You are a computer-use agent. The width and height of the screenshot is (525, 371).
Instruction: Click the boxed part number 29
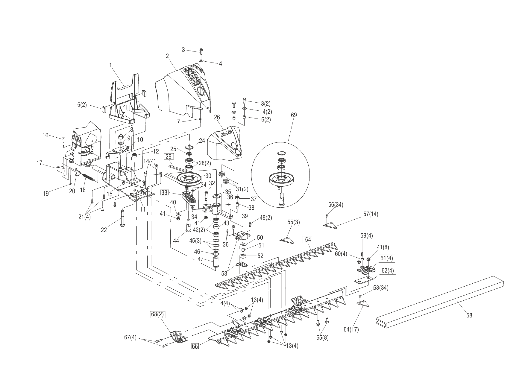coord(169,156)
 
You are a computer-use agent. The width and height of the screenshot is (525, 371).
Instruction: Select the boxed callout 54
coord(308,239)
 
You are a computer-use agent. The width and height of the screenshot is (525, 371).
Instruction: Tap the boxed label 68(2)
coord(158,314)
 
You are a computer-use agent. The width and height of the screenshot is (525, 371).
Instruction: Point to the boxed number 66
coord(195,346)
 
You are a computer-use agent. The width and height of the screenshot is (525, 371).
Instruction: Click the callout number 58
coord(469,315)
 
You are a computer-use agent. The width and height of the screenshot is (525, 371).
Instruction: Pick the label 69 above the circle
coord(294,115)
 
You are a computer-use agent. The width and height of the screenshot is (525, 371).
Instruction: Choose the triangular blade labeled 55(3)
coord(286,240)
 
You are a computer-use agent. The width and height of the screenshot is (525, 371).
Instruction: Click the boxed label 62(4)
coord(388,271)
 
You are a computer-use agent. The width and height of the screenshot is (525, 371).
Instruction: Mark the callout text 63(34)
coord(381,288)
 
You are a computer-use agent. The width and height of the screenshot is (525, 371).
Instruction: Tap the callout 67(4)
coord(130,337)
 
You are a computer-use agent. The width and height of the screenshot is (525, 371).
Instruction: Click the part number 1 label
coord(110,65)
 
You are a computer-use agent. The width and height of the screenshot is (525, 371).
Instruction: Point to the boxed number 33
coord(165,193)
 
